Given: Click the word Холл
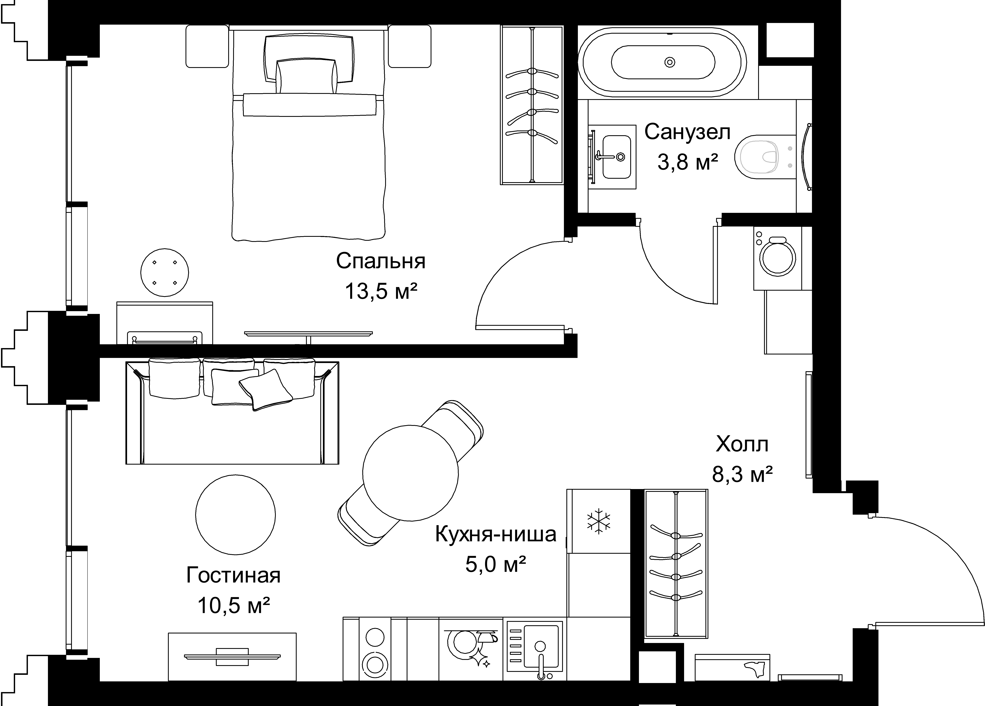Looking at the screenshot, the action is click(742, 444).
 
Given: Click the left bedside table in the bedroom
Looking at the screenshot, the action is click(207, 46).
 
